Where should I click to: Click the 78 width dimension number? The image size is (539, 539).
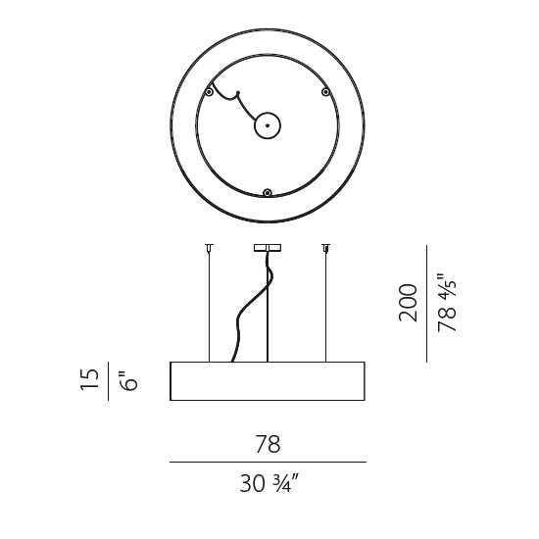(x=268, y=444)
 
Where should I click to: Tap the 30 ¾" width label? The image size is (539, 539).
(x=269, y=483)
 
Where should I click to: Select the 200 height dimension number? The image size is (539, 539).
(x=408, y=303)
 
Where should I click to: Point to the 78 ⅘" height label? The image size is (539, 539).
(x=447, y=303)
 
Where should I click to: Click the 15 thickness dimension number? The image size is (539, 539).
(x=89, y=379)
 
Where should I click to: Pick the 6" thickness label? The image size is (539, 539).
(x=129, y=380)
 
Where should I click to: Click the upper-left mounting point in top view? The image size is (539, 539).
(x=209, y=92)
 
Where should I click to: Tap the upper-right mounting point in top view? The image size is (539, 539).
(x=325, y=92)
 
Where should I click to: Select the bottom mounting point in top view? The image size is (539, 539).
(x=268, y=193)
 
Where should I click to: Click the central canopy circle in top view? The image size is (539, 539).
(x=268, y=125)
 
